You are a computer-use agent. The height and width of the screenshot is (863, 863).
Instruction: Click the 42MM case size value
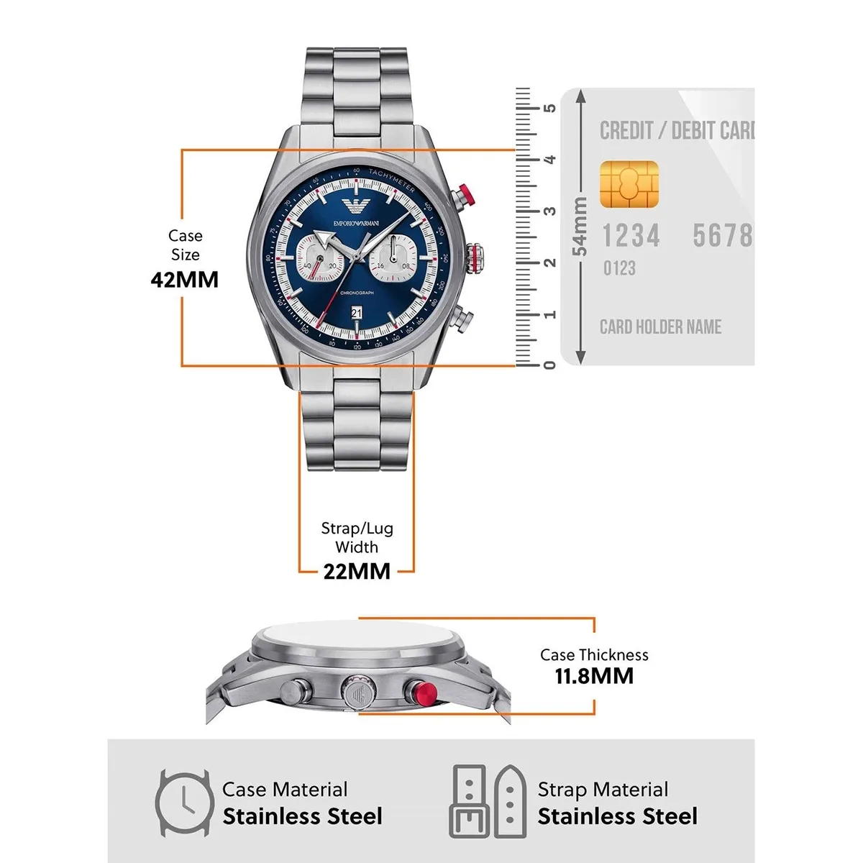point(184,280)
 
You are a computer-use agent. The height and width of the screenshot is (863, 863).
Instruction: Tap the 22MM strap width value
point(357,571)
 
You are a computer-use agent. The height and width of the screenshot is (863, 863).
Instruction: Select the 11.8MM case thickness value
point(594,676)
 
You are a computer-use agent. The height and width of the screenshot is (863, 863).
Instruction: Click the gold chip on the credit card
point(629,185)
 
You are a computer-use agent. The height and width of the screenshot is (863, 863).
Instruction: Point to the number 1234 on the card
point(631,236)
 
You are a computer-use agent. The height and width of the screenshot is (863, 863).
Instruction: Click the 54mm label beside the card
point(580,227)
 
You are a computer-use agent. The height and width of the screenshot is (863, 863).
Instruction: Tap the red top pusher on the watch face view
point(464,194)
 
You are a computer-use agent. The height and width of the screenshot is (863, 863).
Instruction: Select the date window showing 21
point(357,312)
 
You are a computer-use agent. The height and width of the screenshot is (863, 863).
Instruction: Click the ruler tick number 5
point(550,108)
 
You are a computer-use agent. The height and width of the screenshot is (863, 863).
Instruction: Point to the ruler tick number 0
point(550,365)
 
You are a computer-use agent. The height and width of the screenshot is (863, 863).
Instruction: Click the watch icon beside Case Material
point(184,803)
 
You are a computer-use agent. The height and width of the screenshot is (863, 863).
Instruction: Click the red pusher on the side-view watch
point(420,692)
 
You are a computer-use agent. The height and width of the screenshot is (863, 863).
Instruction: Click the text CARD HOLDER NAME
point(660,327)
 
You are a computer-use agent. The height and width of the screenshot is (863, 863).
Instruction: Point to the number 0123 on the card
point(619,268)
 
